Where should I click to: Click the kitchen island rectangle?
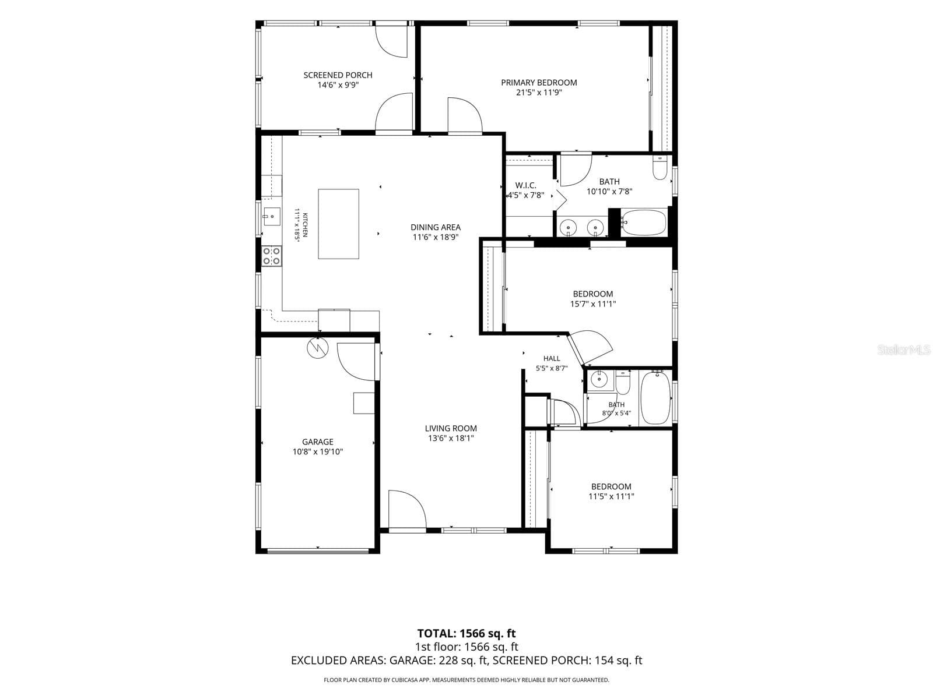tap(338, 224)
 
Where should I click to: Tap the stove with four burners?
tap(271, 256)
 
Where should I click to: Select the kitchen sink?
tap(271, 217)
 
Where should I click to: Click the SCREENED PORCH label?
tap(338, 75)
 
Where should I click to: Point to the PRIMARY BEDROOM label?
tap(539, 83)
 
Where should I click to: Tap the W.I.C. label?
tap(526, 185)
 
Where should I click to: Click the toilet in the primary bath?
tap(660, 168)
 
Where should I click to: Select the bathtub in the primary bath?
tap(643, 222)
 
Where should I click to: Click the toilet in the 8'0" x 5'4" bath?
tap(623, 382)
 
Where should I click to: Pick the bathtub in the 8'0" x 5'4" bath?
tap(655, 397)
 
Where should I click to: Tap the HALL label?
tap(552, 359)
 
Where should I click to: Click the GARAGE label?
tap(318, 442)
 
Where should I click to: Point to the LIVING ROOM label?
tap(451, 428)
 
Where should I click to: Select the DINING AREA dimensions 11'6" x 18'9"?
tap(435, 237)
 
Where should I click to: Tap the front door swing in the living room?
tap(407, 509)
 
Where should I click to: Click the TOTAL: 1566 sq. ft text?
tap(466, 634)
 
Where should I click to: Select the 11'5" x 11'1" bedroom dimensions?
tap(611, 496)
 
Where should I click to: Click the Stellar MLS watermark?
tap(904, 349)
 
